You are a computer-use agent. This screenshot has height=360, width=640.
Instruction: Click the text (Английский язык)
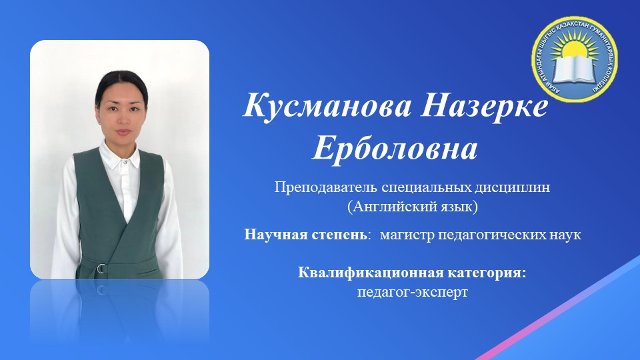(413, 207)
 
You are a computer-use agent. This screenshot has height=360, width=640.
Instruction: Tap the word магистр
(405, 235)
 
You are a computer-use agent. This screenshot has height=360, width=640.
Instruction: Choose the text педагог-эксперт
(413, 292)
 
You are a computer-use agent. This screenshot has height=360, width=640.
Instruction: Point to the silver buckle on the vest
(101, 268)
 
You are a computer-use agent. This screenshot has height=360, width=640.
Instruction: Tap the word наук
(567, 235)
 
